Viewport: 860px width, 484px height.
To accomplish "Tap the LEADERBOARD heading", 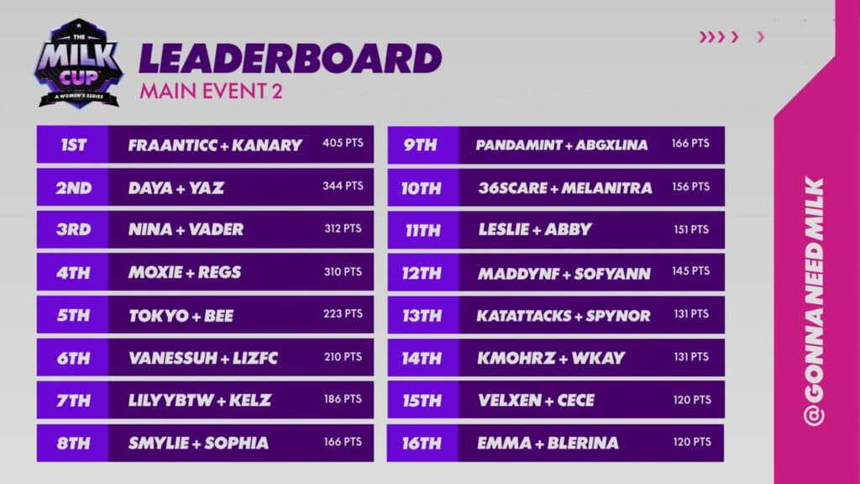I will (290, 58).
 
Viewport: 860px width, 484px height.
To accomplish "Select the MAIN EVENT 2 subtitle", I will (211, 91).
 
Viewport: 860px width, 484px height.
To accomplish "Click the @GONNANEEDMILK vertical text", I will (814, 302).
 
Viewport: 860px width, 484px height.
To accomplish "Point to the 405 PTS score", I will (343, 144).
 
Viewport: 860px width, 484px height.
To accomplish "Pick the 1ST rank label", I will (73, 145).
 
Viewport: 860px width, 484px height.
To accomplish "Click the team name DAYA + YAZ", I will (176, 188).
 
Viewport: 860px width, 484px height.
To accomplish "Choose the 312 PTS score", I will (343, 229).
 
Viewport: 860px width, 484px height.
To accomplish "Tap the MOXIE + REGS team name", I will (185, 272).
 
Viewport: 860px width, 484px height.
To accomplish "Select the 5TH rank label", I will (73, 316).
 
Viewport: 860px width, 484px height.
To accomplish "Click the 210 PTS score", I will (343, 356).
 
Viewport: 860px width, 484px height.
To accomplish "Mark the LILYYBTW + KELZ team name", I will (200, 401).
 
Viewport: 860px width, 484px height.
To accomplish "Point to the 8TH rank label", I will (73, 443).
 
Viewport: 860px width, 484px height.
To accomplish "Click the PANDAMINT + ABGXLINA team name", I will (561, 145).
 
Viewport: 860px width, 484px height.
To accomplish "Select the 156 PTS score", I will (690, 187).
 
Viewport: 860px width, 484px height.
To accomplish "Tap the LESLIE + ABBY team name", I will (535, 229).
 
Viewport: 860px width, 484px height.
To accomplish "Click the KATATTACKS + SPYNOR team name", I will (564, 316).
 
